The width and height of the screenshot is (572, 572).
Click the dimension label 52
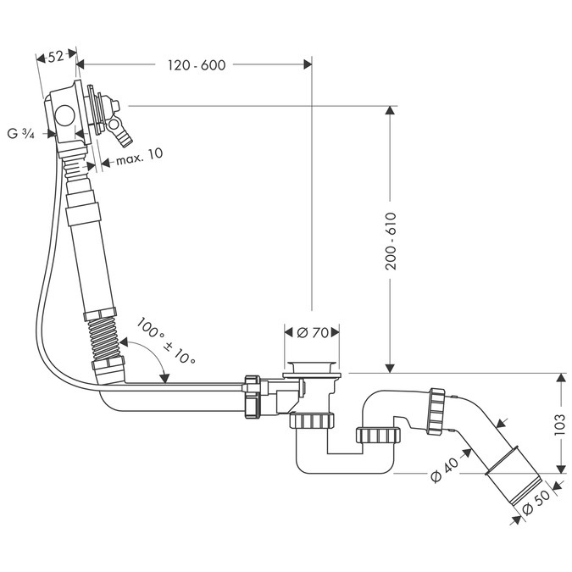pyautogui.click(x=57, y=57)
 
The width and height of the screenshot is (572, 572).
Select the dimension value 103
pyautogui.click(x=560, y=421)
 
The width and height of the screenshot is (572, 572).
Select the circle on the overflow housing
pyautogui.click(x=62, y=114)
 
